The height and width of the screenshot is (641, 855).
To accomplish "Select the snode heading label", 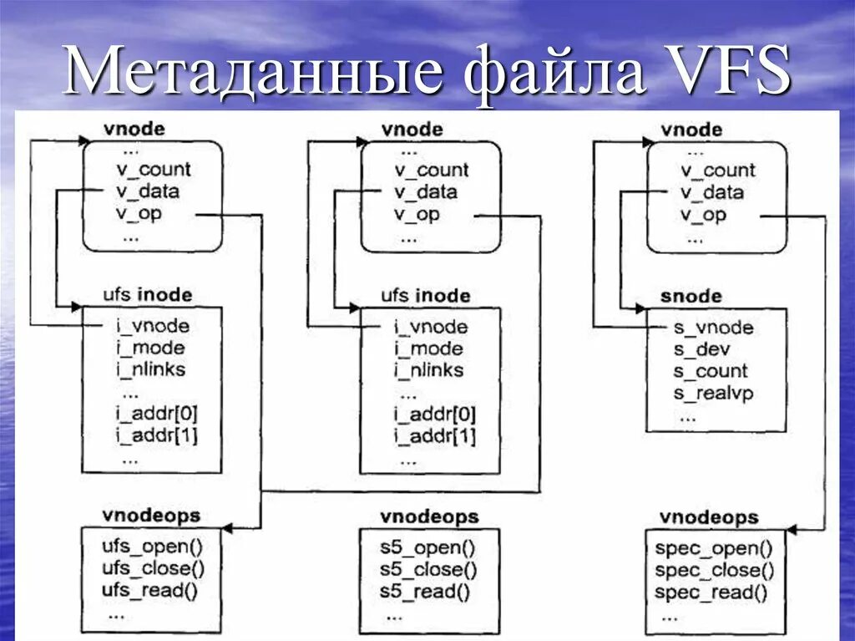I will (x=691, y=297).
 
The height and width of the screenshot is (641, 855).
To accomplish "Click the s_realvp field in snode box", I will (x=713, y=392).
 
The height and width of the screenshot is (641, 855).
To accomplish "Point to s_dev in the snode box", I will (x=701, y=349).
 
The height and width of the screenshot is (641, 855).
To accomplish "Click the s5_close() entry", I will (x=428, y=570).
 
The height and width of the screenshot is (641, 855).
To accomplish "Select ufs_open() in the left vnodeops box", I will (x=151, y=548).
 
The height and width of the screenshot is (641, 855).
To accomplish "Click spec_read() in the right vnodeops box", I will (x=711, y=592).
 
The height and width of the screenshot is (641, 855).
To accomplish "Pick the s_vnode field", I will (x=713, y=328).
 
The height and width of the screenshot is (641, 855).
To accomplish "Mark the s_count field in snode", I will (x=711, y=371).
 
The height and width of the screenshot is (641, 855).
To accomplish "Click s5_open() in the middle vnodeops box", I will (x=427, y=549).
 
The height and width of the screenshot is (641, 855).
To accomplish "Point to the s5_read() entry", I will (x=424, y=591).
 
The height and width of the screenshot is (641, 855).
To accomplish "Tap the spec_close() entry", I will (x=714, y=570).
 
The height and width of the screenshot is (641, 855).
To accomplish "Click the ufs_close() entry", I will (x=153, y=570).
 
